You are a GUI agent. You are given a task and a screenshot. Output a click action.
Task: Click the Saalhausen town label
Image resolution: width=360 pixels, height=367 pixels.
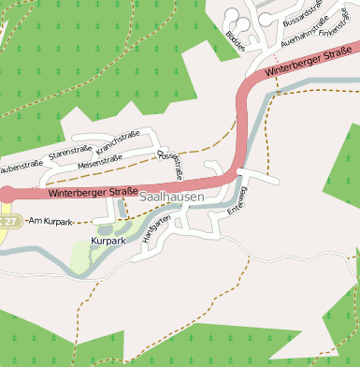pyautogui.click(x=171, y=198)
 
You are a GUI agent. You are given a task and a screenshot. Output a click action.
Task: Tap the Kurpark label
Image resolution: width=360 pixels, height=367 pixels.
pyautogui.click(x=108, y=241)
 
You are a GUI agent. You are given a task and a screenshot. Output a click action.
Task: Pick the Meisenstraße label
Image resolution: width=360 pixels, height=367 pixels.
pyautogui.click(x=100, y=161)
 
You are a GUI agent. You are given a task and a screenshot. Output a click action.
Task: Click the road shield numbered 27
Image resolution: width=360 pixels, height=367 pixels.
pyautogui.click(x=7, y=220)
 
